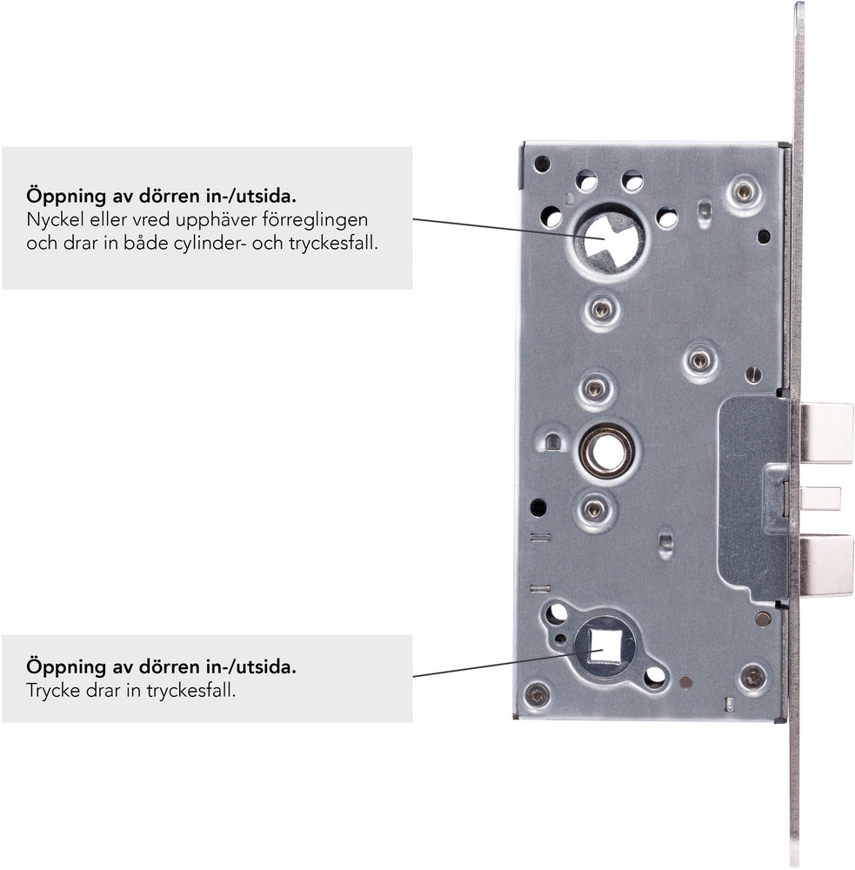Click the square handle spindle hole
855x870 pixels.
click(603, 648)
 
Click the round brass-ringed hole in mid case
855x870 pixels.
click(607, 451)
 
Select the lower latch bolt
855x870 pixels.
click(826, 565)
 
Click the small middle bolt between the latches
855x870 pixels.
click(819, 499)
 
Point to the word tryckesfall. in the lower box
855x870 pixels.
click(190, 692)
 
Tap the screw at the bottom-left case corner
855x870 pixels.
click(538, 694)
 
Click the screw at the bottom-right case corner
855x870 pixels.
click(753, 677)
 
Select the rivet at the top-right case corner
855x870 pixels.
click(744, 192)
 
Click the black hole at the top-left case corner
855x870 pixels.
click(542, 164)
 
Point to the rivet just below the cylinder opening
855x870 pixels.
click(600, 310)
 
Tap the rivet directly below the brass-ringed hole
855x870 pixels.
click(594, 508)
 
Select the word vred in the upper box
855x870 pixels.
click(151, 220)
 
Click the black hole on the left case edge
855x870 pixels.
click(538, 507)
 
